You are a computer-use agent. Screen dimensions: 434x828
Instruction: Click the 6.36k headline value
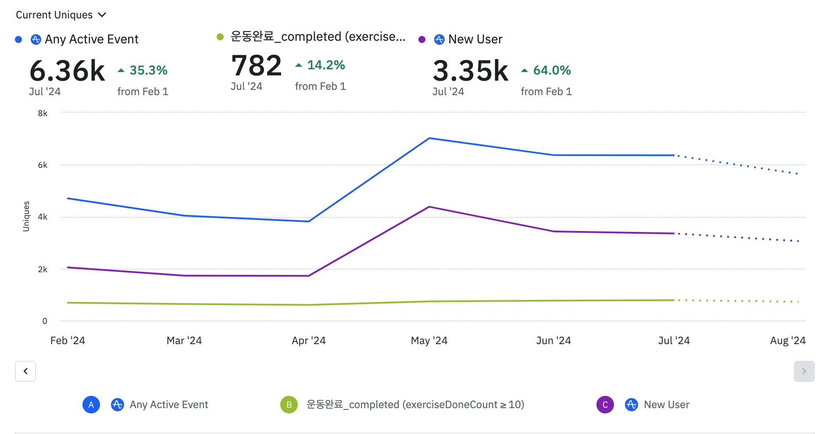(67, 71)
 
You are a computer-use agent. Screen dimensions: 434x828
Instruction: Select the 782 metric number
(257, 65)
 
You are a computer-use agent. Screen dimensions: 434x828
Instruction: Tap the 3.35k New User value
(470, 71)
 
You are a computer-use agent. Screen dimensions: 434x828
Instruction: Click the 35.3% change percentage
(148, 70)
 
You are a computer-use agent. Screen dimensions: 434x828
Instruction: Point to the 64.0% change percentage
(552, 70)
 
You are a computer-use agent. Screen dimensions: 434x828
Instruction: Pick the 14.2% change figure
(326, 65)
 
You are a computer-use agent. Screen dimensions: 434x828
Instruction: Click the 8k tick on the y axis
(43, 113)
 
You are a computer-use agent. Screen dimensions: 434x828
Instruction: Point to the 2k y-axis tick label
(43, 269)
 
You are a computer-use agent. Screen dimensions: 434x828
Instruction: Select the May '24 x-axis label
(429, 341)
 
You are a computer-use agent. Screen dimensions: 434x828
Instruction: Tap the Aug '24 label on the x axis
(788, 341)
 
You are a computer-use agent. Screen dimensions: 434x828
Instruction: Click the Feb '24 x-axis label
(68, 341)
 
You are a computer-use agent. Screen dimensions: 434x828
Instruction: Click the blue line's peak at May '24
(429, 139)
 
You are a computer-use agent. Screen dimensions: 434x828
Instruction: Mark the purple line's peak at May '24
(429, 207)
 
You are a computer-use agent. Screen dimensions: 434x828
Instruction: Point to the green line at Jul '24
(674, 300)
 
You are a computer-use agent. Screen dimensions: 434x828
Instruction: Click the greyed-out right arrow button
(804, 371)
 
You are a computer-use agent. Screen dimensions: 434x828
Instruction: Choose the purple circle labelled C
(605, 405)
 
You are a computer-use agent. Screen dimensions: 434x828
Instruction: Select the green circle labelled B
(289, 405)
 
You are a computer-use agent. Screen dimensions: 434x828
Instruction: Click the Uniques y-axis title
(26, 216)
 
